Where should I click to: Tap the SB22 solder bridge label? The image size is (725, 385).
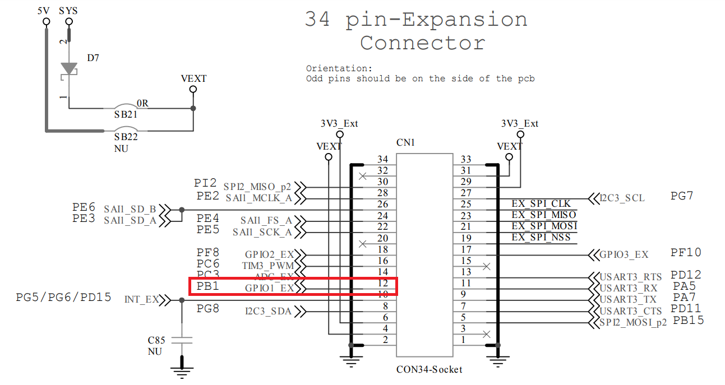[126, 137]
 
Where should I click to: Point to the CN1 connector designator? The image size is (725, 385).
[405, 143]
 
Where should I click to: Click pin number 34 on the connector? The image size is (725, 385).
[382, 160]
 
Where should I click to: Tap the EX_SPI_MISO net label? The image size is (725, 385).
[543, 215]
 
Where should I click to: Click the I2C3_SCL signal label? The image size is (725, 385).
[622, 198]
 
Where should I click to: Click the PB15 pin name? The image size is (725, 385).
[689, 320]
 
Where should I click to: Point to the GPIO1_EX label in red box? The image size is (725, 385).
[269, 288]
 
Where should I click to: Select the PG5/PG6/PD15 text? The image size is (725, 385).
[63, 297]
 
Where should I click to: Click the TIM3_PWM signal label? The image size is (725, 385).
[267, 266]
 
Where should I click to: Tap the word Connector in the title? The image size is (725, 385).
[422, 43]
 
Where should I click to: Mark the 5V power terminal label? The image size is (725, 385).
[44, 11]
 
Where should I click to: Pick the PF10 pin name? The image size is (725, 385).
[686, 252]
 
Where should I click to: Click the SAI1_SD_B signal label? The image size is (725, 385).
[130, 209]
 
